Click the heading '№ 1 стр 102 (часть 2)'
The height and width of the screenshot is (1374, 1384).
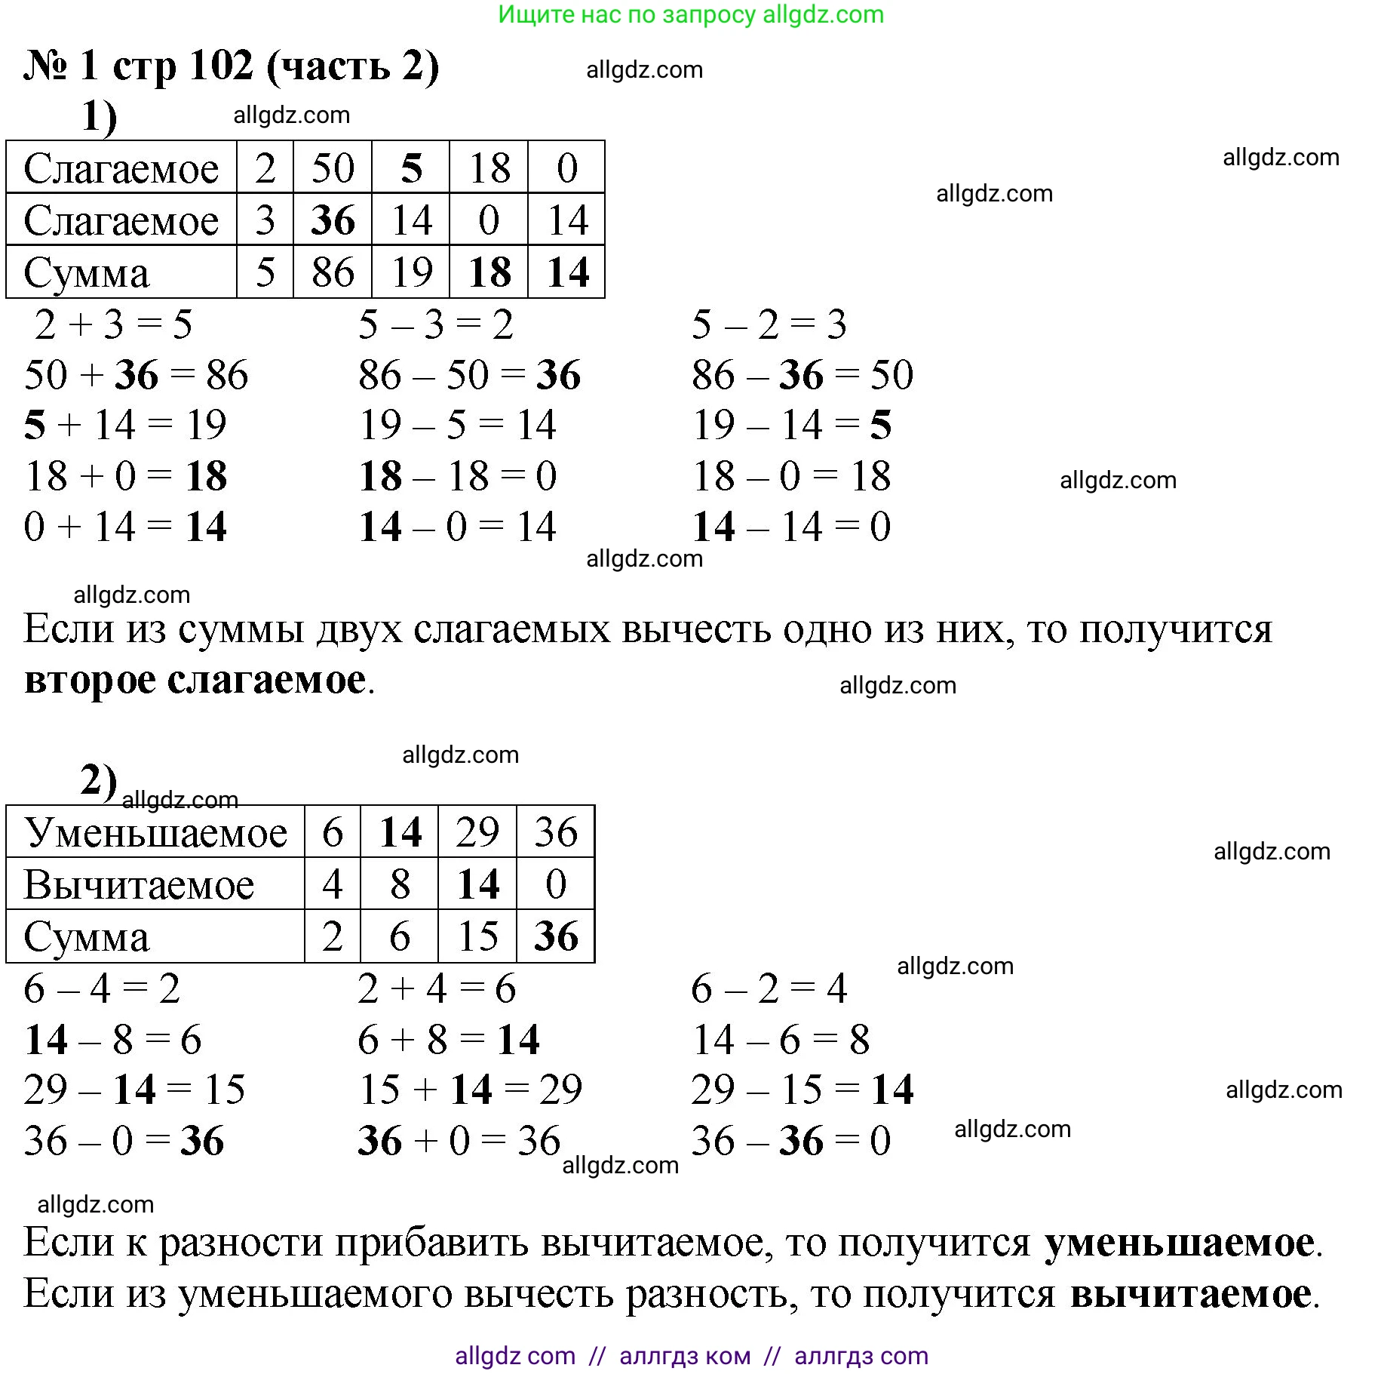(x=231, y=66)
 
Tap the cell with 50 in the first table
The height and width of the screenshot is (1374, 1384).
(x=333, y=168)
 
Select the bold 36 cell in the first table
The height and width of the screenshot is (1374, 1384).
(x=333, y=220)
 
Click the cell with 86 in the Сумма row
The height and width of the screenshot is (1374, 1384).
(x=333, y=272)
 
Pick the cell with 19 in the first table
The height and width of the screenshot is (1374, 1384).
(x=411, y=272)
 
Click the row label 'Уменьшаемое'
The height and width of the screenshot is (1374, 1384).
(x=155, y=832)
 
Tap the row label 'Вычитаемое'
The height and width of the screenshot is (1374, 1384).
(x=140, y=884)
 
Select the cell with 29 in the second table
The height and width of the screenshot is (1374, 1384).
(x=477, y=832)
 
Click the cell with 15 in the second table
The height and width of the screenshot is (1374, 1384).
(x=477, y=936)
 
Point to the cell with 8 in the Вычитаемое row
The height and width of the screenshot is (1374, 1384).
(x=400, y=884)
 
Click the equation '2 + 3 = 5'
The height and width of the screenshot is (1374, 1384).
(x=113, y=324)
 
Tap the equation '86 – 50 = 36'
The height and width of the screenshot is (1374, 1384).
(x=469, y=375)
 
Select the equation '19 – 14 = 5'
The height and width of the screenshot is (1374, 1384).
(x=792, y=425)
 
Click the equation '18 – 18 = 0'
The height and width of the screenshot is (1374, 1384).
(x=458, y=476)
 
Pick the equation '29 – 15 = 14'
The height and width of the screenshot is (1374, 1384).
(x=802, y=1090)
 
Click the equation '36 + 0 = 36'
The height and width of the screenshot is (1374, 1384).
(x=459, y=1141)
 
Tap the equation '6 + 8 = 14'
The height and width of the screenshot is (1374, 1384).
(x=449, y=1040)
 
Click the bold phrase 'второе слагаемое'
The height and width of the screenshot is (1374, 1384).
(x=195, y=680)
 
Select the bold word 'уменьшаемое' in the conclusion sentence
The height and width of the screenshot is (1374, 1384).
(x=1179, y=1243)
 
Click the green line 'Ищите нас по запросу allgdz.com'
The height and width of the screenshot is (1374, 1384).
(x=691, y=14)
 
